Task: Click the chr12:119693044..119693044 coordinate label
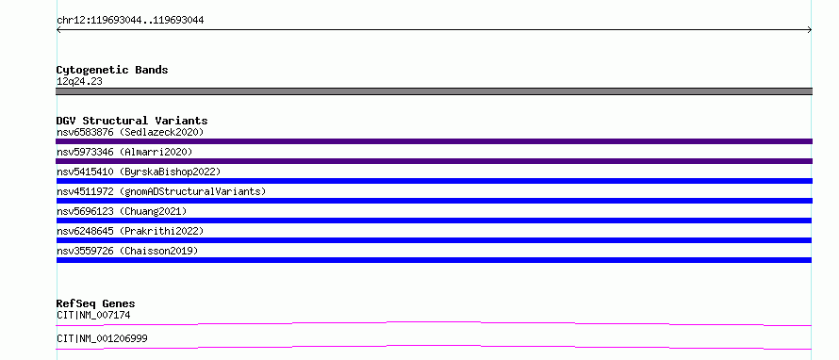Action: click(x=130, y=21)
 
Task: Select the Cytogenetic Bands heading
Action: click(x=112, y=70)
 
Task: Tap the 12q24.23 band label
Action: click(x=79, y=82)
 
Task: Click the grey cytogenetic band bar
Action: click(x=434, y=91)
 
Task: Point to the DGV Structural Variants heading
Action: click(x=132, y=121)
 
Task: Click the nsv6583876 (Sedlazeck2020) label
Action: click(x=130, y=132)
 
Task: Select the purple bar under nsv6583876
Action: click(x=434, y=141)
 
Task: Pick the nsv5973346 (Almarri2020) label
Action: click(x=124, y=152)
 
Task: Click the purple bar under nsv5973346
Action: click(x=434, y=161)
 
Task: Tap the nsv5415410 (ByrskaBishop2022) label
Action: click(x=139, y=172)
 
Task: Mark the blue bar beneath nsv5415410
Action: click(x=434, y=181)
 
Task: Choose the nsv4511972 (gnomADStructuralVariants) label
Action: click(x=161, y=191)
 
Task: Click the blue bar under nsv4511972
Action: click(x=434, y=201)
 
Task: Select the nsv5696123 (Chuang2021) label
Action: click(x=122, y=211)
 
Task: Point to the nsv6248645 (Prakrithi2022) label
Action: click(x=130, y=231)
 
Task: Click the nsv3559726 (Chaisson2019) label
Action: click(x=127, y=251)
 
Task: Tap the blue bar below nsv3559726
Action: click(x=434, y=260)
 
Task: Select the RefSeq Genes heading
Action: click(x=96, y=303)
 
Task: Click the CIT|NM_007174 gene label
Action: click(x=93, y=316)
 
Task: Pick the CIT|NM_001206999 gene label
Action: click(x=102, y=339)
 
